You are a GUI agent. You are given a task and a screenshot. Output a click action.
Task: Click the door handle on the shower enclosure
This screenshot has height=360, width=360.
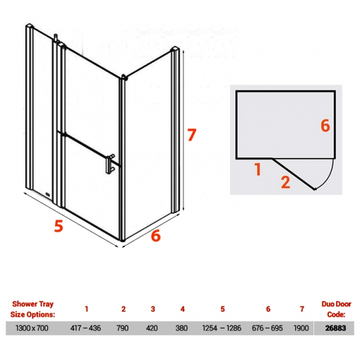tap(110, 164)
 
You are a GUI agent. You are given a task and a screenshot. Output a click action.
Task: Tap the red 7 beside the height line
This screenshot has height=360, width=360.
tap(192, 135)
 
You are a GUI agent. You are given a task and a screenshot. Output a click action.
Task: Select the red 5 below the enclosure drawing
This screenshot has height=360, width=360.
tap(59, 225)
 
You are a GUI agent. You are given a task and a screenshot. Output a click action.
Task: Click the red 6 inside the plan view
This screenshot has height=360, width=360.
tap(325, 126)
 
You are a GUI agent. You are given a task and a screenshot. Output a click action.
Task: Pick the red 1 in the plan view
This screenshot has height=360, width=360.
tap(258, 169)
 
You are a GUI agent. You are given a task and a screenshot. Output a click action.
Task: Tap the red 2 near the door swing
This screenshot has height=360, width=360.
tap(285, 182)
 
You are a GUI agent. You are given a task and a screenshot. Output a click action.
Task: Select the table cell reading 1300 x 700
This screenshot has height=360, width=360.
tap(32, 328)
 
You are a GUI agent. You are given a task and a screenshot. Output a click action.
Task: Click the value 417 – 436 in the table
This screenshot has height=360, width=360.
tap(85, 328)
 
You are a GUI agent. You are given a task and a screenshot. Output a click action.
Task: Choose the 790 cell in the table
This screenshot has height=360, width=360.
tap(122, 328)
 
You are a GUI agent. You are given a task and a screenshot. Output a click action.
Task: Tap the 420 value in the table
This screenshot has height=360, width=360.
tap(152, 328)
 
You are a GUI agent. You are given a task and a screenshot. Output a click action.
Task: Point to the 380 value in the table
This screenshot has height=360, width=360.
tap(181, 328)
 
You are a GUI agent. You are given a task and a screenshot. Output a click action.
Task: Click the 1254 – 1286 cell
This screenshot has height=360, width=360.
tap(222, 328)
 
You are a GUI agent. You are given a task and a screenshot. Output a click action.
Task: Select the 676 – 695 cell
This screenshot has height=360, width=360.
tap(268, 328)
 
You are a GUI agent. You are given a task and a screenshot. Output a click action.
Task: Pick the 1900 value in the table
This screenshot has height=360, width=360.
tap(301, 328)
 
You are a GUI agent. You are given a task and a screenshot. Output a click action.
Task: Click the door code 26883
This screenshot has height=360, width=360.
tap(336, 328)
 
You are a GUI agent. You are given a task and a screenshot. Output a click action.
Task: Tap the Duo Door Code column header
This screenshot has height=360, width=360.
tap(336, 309)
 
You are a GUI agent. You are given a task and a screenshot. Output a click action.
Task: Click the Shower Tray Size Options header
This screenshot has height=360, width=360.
tap(33, 309)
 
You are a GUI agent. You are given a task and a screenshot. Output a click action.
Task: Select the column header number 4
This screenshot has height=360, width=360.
tap(183, 309)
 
